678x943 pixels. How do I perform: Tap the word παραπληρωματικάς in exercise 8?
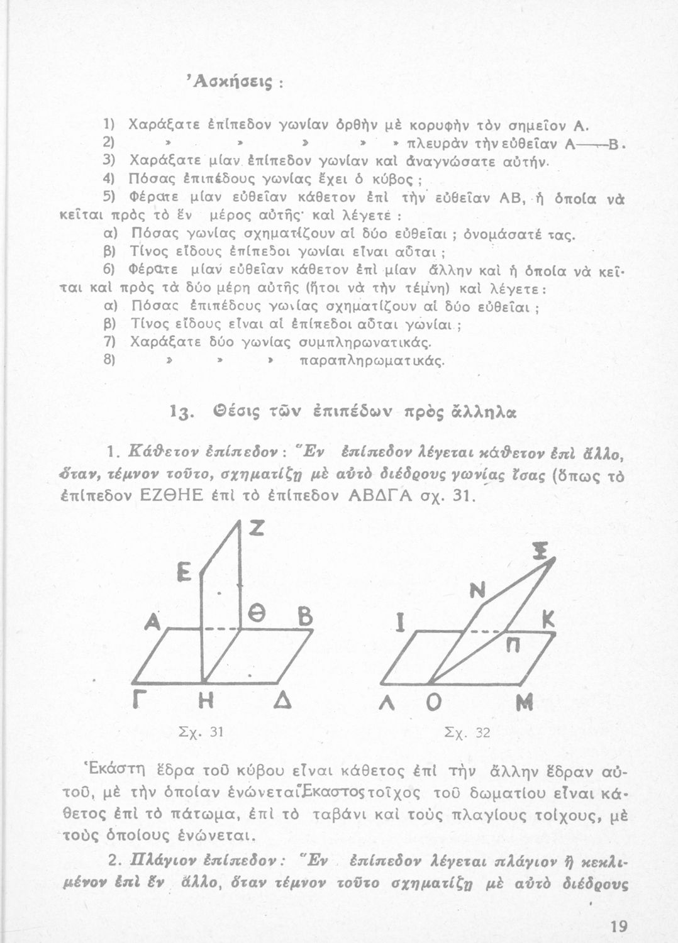coord(364,362)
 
